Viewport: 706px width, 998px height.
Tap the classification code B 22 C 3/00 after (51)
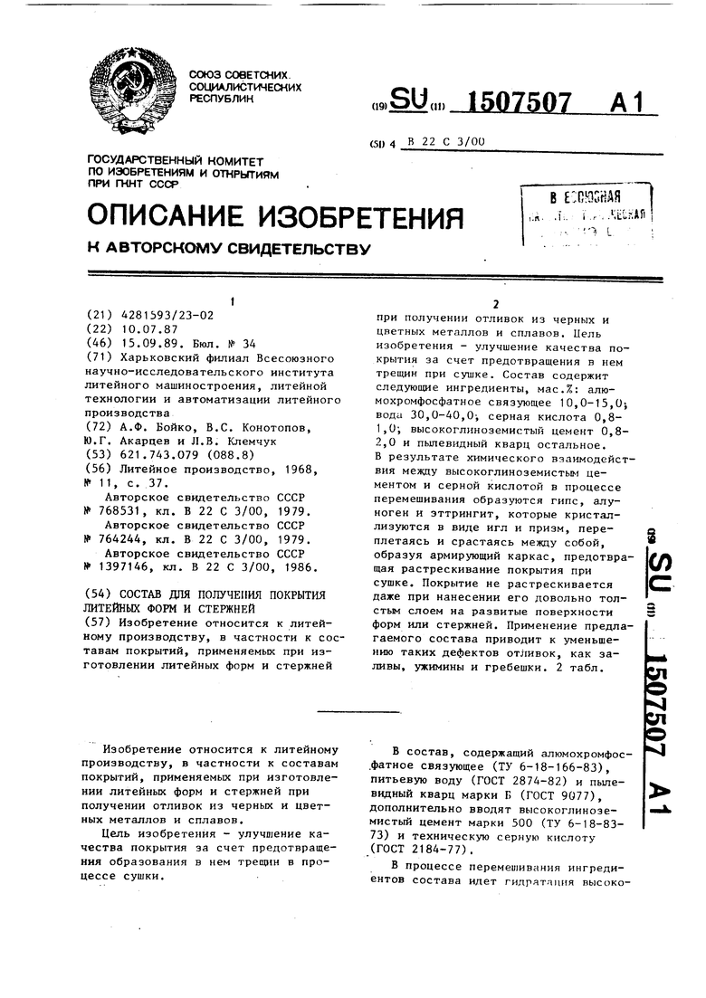tap(447, 141)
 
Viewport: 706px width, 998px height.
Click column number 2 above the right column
tap(495, 304)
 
